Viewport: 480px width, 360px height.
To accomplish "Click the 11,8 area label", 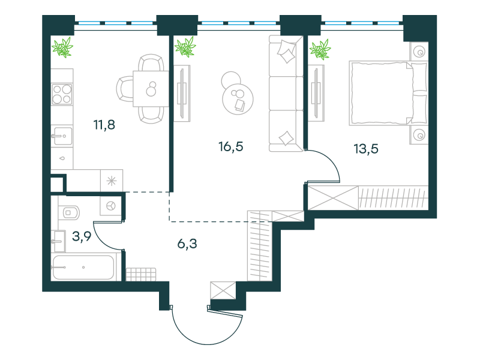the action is pyautogui.click(x=104, y=125).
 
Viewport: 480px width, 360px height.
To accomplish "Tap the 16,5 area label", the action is pyautogui.click(x=231, y=146).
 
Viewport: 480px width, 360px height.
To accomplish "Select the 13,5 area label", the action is pyautogui.click(x=366, y=149).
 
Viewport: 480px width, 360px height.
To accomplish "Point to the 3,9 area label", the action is pyautogui.click(x=82, y=236).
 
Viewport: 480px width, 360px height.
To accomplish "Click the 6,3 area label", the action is pyautogui.click(x=187, y=244).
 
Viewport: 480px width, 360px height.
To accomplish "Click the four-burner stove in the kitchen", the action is pyautogui.click(x=62, y=94).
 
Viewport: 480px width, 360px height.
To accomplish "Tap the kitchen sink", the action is pyautogui.click(x=62, y=136).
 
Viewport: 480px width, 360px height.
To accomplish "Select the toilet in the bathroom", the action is pyautogui.click(x=69, y=212).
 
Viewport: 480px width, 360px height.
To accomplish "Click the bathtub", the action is pyautogui.click(x=83, y=267).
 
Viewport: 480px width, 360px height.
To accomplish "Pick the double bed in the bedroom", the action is pyautogui.click(x=388, y=93).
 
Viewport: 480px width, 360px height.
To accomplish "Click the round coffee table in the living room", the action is pyautogui.click(x=238, y=98).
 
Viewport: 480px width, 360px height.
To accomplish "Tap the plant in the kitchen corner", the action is pyautogui.click(x=62, y=47).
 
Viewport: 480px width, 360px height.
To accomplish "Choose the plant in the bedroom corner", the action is pyautogui.click(x=320, y=49).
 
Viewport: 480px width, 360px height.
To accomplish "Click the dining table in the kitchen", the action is pyautogui.click(x=151, y=89).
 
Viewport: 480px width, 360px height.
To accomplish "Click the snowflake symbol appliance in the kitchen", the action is pyautogui.click(x=112, y=181).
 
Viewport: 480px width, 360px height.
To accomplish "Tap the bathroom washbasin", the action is pyautogui.click(x=59, y=241).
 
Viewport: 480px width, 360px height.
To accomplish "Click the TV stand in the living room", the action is pyautogui.click(x=182, y=94).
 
